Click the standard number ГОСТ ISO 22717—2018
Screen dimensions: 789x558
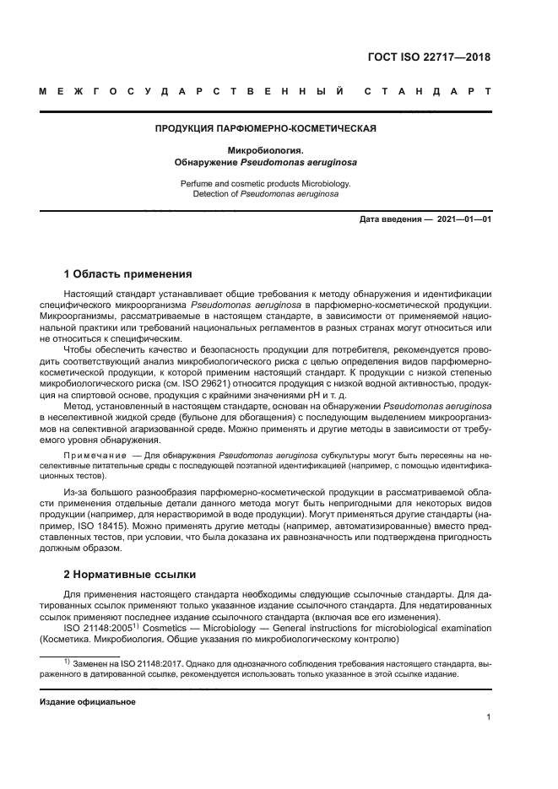pos(429,57)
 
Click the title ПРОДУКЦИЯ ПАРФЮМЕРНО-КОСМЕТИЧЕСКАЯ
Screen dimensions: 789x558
pos(265,129)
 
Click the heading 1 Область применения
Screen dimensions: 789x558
pos(128,274)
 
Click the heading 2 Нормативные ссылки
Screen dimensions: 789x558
pos(131,575)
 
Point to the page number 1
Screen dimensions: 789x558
pos(489,718)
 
